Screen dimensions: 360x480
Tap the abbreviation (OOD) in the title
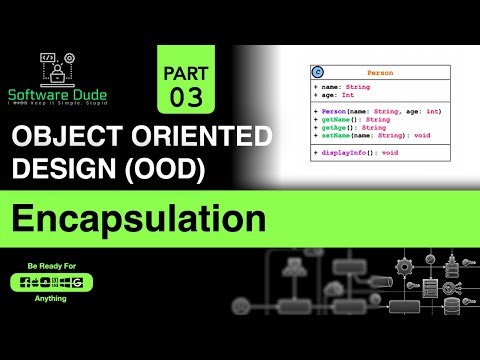175,171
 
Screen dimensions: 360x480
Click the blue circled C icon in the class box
317,73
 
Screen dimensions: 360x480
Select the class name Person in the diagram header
379,73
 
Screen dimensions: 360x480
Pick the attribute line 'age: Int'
340,95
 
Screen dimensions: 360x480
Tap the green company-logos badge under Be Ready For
51,283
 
